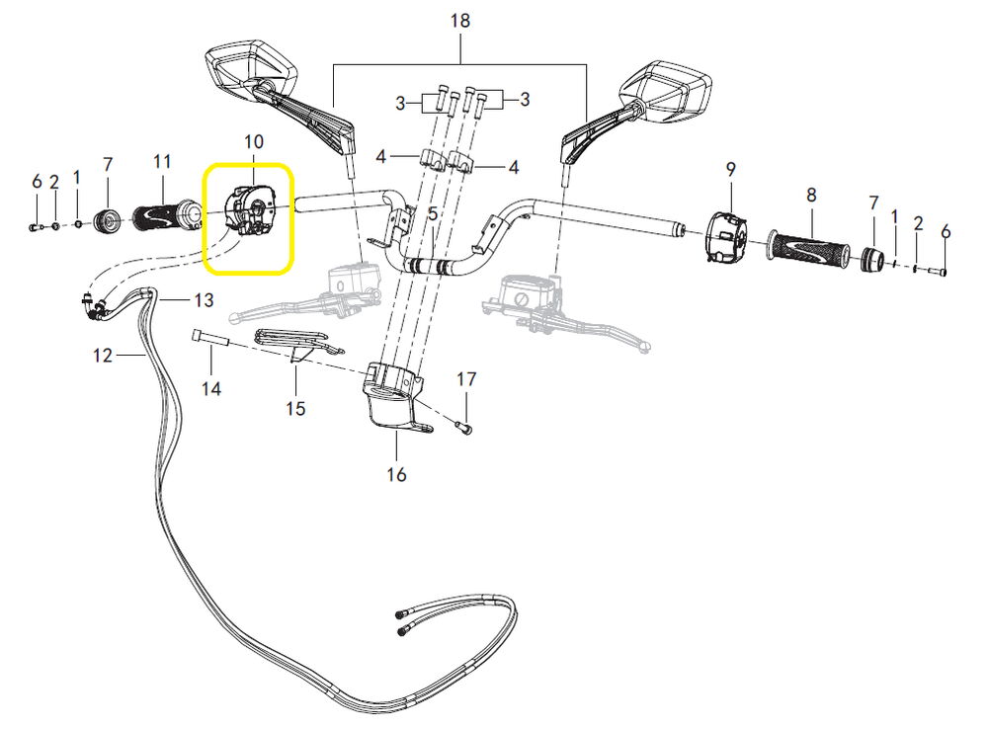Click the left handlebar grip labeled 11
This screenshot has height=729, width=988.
(x=165, y=214)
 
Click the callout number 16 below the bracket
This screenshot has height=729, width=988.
(x=396, y=475)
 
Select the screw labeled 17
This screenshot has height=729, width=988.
(x=465, y=427)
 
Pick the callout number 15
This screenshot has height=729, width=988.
(x=295, y=407)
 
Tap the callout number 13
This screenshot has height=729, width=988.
(x=203, y=299)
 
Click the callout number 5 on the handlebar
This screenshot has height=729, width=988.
(x=432, y=214)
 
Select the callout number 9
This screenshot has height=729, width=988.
(x=731, y=169)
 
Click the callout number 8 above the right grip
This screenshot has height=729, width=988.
(x=811, y=196)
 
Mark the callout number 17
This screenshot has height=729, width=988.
(x=466, y=378)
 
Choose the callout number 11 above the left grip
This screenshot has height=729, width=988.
(x=163, y=161)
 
